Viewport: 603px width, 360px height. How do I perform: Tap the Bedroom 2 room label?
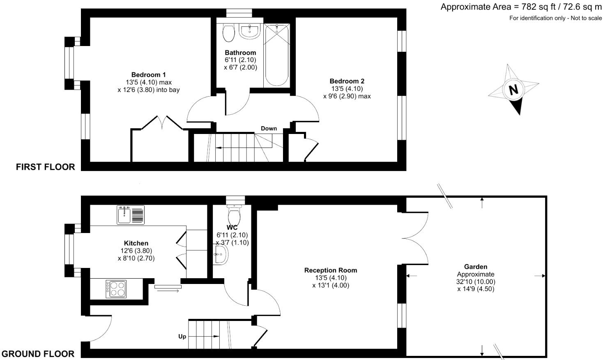347,81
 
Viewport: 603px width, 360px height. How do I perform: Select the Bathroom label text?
240,53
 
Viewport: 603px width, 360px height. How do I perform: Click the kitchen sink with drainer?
130,215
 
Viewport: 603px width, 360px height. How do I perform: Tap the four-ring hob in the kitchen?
116,288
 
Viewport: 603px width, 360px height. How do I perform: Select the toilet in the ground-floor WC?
235,213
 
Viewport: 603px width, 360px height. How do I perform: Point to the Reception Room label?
330,270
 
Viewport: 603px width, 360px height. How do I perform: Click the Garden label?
475,267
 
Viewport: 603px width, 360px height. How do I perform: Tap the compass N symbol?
513,90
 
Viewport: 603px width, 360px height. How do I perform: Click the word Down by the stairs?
269,129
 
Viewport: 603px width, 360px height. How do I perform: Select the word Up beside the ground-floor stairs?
182,337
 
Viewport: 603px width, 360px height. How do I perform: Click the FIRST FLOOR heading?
45,167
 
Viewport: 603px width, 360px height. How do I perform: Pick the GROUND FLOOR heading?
38,354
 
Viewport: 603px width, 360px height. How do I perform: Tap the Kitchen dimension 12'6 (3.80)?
136,251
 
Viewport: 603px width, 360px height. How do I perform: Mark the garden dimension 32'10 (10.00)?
476,282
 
